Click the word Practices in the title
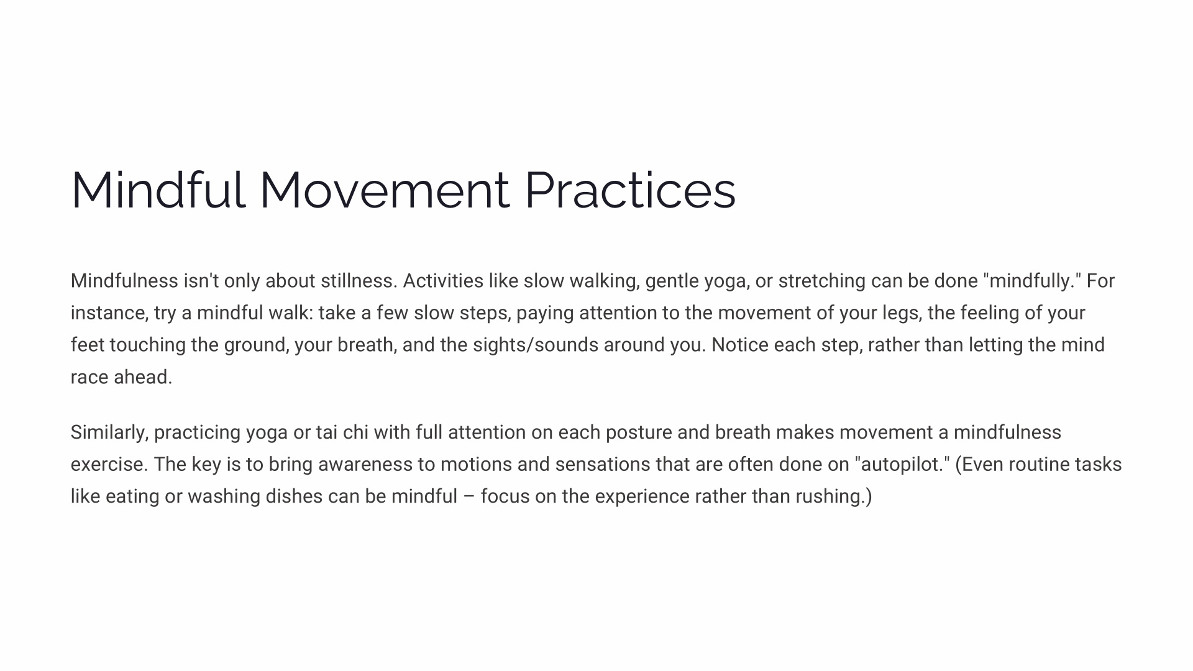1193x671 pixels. [x=630, y=190]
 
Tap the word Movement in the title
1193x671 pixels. [x=385, y=190]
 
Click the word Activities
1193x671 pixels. [x=443, y=281]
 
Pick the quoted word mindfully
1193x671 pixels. [x=1032, y=281]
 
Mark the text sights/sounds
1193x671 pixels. [x=536, y=345]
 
